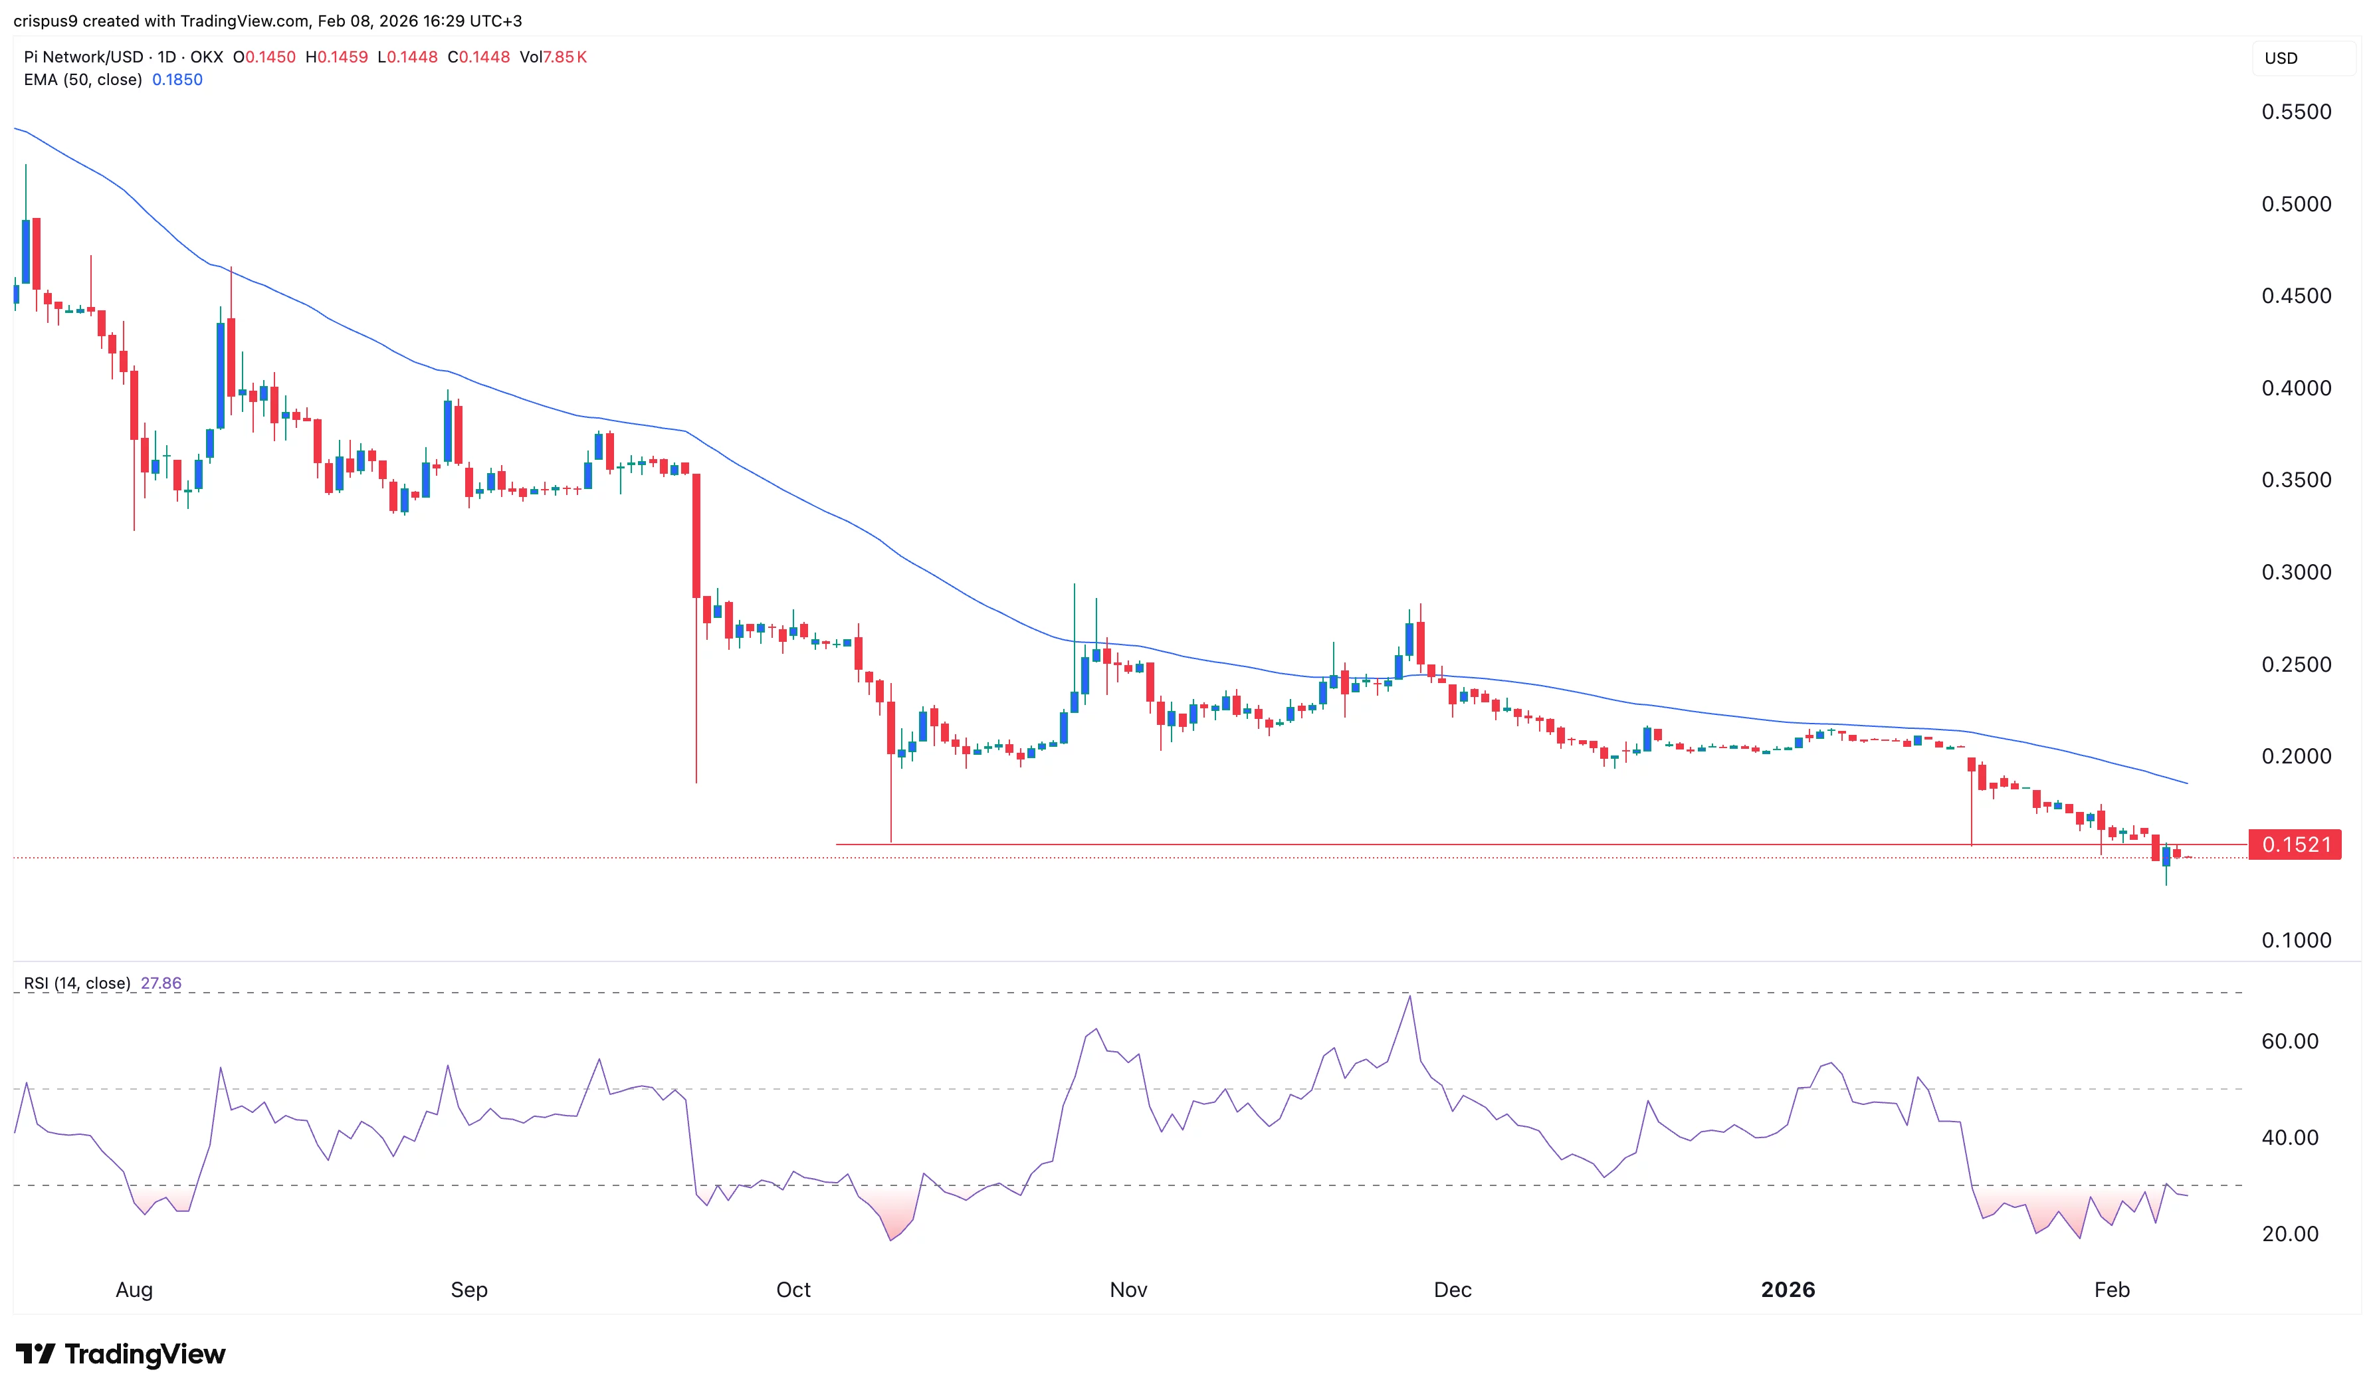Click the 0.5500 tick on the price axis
(x=2296, y=112)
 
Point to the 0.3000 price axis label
(x=2296, y=572)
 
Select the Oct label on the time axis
(x=793, y=1290)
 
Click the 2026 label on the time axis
(x=1787, y=1290)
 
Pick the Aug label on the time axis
(x=134, y=1290)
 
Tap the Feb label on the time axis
(x=2111, y=1290)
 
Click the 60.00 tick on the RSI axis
(x=2289, y=1041)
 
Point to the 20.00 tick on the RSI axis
(x=2289, y=1234)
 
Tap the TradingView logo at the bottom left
(x=121, y=1354)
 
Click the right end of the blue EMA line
(x=2186, y=783)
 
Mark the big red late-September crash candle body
(x=696, y=536)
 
